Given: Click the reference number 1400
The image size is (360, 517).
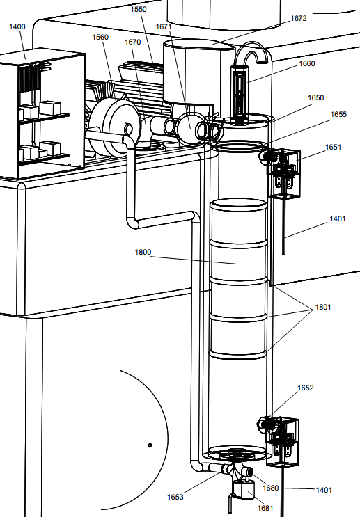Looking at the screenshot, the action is (x=17, y=26).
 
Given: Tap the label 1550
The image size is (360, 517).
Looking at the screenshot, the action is (x=139, y=9).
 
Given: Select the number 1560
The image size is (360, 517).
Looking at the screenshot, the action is (x=100, y=38).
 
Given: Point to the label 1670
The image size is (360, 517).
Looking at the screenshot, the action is (x=132, y=42).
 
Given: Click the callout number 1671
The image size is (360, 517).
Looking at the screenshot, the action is (x=164, y=26).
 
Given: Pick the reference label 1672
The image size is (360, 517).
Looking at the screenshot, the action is (x=299, y=19).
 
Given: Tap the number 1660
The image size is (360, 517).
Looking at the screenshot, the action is (x=307, y=63).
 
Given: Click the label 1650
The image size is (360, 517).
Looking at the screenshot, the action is (x=316, y=97).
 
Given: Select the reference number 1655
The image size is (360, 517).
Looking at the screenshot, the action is (x=338, y=114).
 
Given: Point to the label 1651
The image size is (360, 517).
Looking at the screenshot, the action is (x=334, y=147).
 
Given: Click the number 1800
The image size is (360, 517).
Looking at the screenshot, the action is (x=143, y=252).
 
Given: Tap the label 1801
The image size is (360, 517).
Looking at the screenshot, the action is (x=323, y=308).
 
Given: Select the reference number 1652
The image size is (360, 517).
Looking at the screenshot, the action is (x=306, y=388).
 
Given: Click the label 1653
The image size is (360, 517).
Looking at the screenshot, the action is (x=175, y=497).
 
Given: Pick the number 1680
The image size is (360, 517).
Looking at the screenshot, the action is (x=271, y=488).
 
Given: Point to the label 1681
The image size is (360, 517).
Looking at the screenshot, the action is (x=265, y=508).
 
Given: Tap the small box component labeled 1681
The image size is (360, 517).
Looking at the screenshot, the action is (x=244, y=489).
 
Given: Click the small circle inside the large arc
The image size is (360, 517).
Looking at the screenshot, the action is (x=150, y=445).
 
